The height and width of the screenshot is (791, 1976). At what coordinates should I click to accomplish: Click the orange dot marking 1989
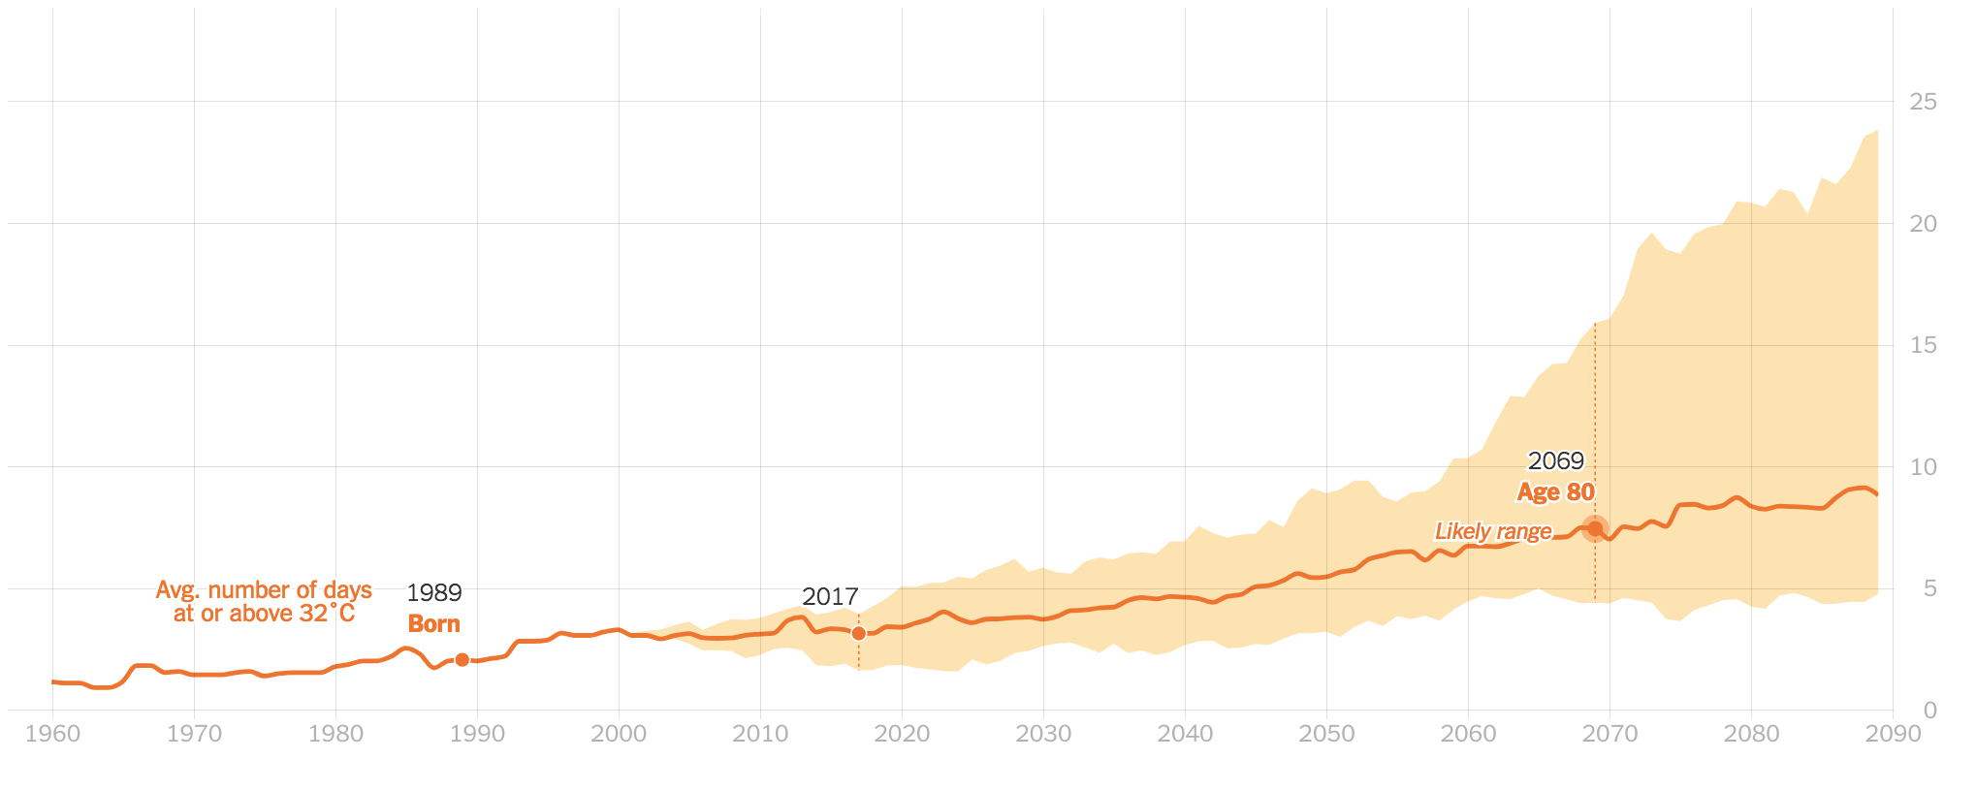(x=462, y=660)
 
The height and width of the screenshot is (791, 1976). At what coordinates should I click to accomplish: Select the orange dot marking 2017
(x=858, y=634)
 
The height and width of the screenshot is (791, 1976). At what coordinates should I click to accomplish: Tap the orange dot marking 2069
(x=1595, y=528)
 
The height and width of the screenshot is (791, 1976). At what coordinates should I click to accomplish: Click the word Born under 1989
(x=433, y=624)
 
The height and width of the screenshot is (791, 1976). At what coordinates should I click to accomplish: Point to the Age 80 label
(x=1555, y=492)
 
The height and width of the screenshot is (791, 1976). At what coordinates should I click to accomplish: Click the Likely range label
(x=1493, y=531)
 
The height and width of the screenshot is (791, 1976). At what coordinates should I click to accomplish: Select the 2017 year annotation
(x=830, y=597)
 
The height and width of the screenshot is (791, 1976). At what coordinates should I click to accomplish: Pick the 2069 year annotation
(x=1555, y=461)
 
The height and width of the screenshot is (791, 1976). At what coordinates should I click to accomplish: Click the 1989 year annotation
(x=433, y=592)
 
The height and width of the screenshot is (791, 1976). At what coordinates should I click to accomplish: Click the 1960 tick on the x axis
(x=52, y=734)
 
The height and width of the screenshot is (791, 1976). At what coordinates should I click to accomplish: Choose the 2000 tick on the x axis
(x=619, y=734)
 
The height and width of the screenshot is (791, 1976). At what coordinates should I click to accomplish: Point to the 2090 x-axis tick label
(x=1893, y=734)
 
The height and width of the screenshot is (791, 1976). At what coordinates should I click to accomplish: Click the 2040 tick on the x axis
(x=1185, y=734)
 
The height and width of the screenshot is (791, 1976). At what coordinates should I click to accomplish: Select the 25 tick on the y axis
(x=1923, y=102)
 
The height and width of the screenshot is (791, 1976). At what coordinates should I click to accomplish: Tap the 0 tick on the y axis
(x=1929, y=711)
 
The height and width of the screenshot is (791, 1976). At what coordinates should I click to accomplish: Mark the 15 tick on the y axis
(x=1923, y=345)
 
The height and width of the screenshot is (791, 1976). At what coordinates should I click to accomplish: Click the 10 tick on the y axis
(x=1923, y=467)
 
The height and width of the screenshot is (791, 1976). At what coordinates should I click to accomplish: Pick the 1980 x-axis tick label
(x=335, y=734)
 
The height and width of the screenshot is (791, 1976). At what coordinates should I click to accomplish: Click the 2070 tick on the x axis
(x=1609, y=734)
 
